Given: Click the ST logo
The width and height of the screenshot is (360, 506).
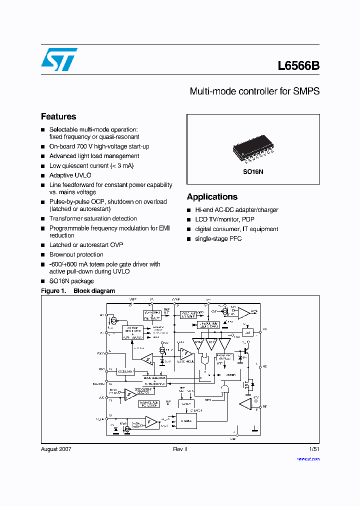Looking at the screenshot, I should pyautogui.click(x=59, y=59).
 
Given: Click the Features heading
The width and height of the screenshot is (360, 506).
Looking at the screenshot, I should pyautogui.click(x=58, y=116).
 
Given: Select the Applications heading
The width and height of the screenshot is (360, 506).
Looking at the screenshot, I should pyautogui.click(x=212, y=197).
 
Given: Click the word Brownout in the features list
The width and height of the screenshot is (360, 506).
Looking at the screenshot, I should pyautogui.click(x=62, y=254).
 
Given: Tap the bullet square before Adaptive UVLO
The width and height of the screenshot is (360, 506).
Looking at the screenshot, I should pyautogui.click(x=43, y=176).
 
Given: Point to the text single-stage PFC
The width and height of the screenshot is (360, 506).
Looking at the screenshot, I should pyautogui.click(x=218, y=238).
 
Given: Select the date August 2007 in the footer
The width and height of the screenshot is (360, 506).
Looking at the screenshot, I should pyautogui.click(x=56, y=449).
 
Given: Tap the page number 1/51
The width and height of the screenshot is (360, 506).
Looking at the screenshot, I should pyautogui.click(x=314, y=449).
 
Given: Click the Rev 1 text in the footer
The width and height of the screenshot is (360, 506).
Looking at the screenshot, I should pyautogui.click(x=180, y=449).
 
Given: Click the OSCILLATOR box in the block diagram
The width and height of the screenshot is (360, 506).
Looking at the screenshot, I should pyautogui.click(x=125, y=371).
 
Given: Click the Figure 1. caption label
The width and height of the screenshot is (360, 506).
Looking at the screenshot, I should pyautogui.click(x=53, y=290).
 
